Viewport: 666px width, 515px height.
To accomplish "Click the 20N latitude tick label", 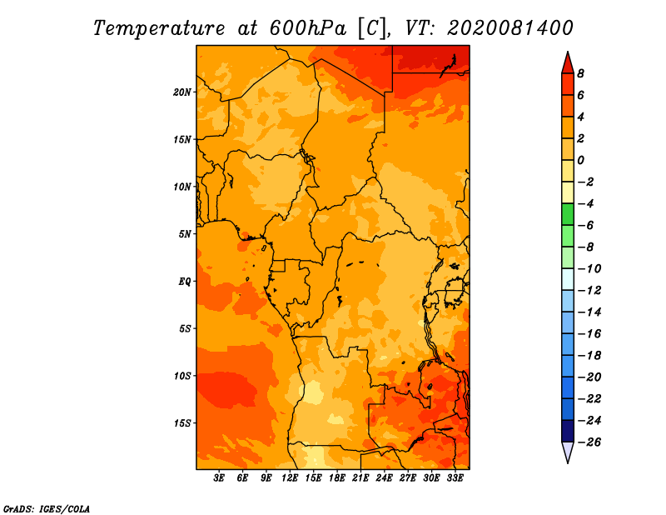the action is [x=181, y=92].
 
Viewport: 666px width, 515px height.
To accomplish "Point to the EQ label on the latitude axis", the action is [x=184, y=282].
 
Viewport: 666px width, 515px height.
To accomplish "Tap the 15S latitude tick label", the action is [x=181, y=423].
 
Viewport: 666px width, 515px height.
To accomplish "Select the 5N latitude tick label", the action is [x=184, y=234].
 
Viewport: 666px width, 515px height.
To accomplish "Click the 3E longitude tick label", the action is [x=219, y=478].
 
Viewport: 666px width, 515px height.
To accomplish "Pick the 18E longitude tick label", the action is [x=337, y=478].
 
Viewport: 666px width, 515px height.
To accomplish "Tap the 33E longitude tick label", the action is [x=455, y=478].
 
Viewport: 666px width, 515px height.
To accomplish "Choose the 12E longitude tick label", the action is [x=290, y=478].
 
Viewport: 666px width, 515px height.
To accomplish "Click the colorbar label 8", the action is [x=580, y=73].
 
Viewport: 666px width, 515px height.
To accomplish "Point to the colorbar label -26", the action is [x=589, y=442].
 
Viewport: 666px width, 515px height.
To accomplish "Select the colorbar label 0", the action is [x=580, y=160].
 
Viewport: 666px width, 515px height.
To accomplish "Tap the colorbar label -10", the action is [x=589, y=268].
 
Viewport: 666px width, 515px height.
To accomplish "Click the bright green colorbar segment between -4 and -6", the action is [x=568, y=214].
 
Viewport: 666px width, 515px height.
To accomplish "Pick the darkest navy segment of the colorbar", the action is [x=568, y=431].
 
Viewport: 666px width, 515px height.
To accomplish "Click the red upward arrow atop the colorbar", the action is [x=568, y=63].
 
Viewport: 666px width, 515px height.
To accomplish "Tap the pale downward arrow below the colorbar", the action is [x=568, y=452].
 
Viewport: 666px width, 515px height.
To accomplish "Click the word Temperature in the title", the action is [x=159, y=28].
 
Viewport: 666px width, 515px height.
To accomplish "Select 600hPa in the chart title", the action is [x=308, y=28].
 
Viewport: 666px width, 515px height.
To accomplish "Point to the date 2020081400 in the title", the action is [x=509, y=28].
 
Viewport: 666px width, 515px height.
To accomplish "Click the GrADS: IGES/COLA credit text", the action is [x=47, y=508].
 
